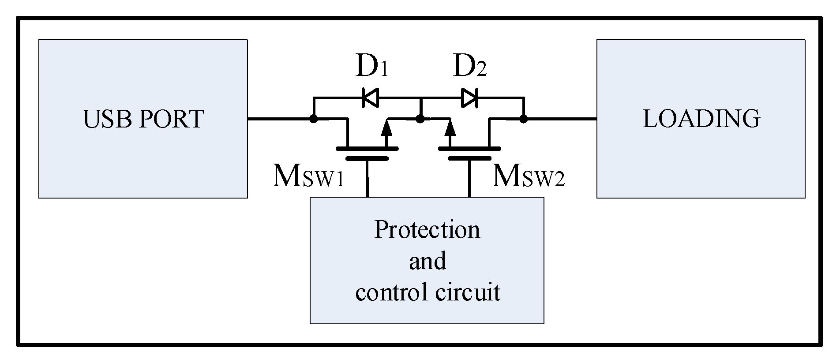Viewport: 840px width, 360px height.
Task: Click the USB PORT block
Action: [x=142, y=119]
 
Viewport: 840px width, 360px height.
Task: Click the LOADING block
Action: [x=701, y=119]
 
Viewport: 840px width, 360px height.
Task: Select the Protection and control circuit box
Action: [x=427, y=260]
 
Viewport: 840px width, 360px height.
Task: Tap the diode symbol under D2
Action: [x=470, y=97]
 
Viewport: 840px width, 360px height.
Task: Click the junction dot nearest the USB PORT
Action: [x=313, y=119]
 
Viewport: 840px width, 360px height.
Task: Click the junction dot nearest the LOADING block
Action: [x=523, y=119]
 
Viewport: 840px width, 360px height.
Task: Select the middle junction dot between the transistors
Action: [x=420, y=119]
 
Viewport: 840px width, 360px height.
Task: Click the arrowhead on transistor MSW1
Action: [x=387, y=128]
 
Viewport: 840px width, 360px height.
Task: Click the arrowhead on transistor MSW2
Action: [x=450, y=128]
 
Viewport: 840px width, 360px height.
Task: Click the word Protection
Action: [x=427, y=230]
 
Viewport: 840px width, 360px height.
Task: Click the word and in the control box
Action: [x=427, y=261]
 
